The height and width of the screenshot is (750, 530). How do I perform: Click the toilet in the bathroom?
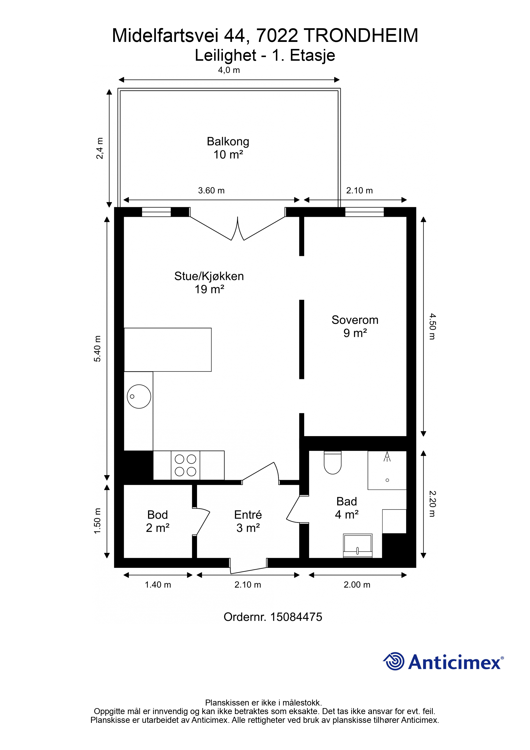[333, 462]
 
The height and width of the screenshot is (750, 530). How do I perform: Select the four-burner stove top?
[185, 465]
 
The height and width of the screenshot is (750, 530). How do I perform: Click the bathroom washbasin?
[358, 546]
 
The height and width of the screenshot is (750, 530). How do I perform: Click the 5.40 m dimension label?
[97, 348]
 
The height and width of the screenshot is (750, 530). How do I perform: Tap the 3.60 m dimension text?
[211, 190]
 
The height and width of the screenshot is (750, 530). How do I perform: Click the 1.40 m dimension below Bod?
[158, 585]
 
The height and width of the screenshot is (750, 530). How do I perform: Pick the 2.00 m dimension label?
[357, 585]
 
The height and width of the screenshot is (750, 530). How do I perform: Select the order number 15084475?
[296, 617]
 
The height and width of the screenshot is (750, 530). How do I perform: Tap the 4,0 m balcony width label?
[229, 70]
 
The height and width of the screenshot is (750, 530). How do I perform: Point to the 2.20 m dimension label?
[432, 504]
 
